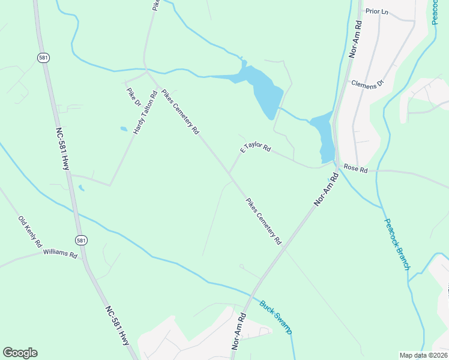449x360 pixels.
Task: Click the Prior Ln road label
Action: coord(377,11)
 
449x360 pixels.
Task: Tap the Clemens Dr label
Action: coord(367,84)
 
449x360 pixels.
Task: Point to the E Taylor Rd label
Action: coord(256,148)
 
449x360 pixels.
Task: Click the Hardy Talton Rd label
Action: coord(145,112)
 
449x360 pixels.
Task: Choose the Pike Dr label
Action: coord(133,97)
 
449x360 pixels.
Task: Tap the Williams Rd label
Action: coord(60,254)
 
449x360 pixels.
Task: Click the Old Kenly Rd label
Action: coord(29,232)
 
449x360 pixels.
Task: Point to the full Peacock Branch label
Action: coord(397,244)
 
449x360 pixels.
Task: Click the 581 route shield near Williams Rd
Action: coord(82,240)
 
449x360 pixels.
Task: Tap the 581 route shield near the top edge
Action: coord(43,58)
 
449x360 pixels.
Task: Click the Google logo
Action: coord(20,353)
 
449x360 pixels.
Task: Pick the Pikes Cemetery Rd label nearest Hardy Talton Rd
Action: coord(180,107)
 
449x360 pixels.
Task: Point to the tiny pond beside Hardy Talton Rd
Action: coord(124,128)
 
